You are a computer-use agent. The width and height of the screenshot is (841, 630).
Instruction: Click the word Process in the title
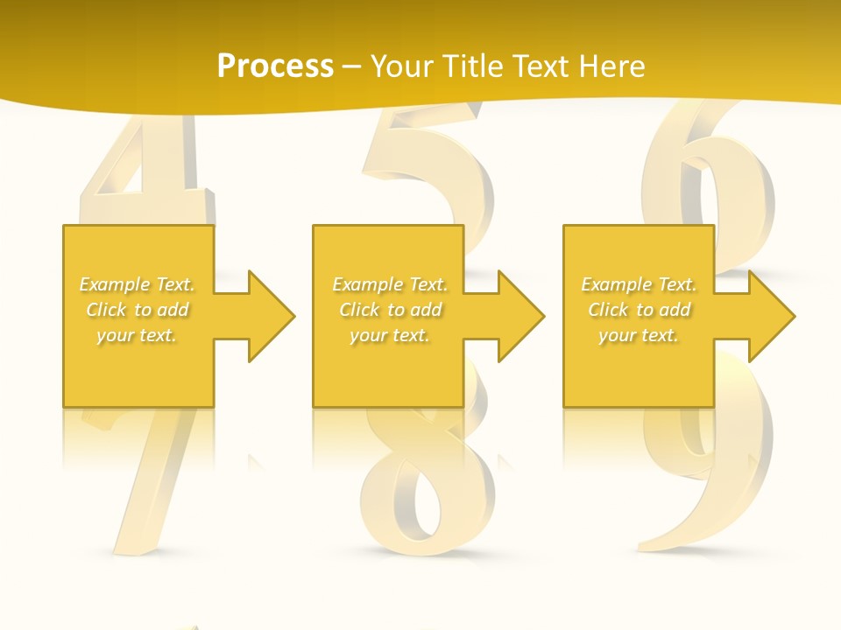click(x=275, y=66)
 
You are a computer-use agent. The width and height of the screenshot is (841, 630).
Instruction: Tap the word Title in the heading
click(x=476, y=66)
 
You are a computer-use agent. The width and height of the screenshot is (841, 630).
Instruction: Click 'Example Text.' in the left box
click(x=138, y=284)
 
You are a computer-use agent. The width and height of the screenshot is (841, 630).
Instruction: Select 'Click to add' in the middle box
click(x=390, y=310)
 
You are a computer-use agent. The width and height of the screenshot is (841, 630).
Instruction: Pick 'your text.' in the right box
click(x=639, y=335)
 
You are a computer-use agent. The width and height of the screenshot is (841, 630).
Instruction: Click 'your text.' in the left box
click(x=138, y=335)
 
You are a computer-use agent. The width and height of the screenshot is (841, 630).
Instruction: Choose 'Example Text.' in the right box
click(x=639, y=284)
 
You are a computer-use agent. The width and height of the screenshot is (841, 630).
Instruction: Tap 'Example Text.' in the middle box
click(x=390, y=284)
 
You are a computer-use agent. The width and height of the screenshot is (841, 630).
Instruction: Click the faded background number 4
click(x=149, y=171)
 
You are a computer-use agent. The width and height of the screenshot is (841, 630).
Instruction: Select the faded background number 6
click(x=710, y=175)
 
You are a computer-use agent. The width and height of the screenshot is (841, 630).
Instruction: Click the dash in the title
click(x=352, y=66)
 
